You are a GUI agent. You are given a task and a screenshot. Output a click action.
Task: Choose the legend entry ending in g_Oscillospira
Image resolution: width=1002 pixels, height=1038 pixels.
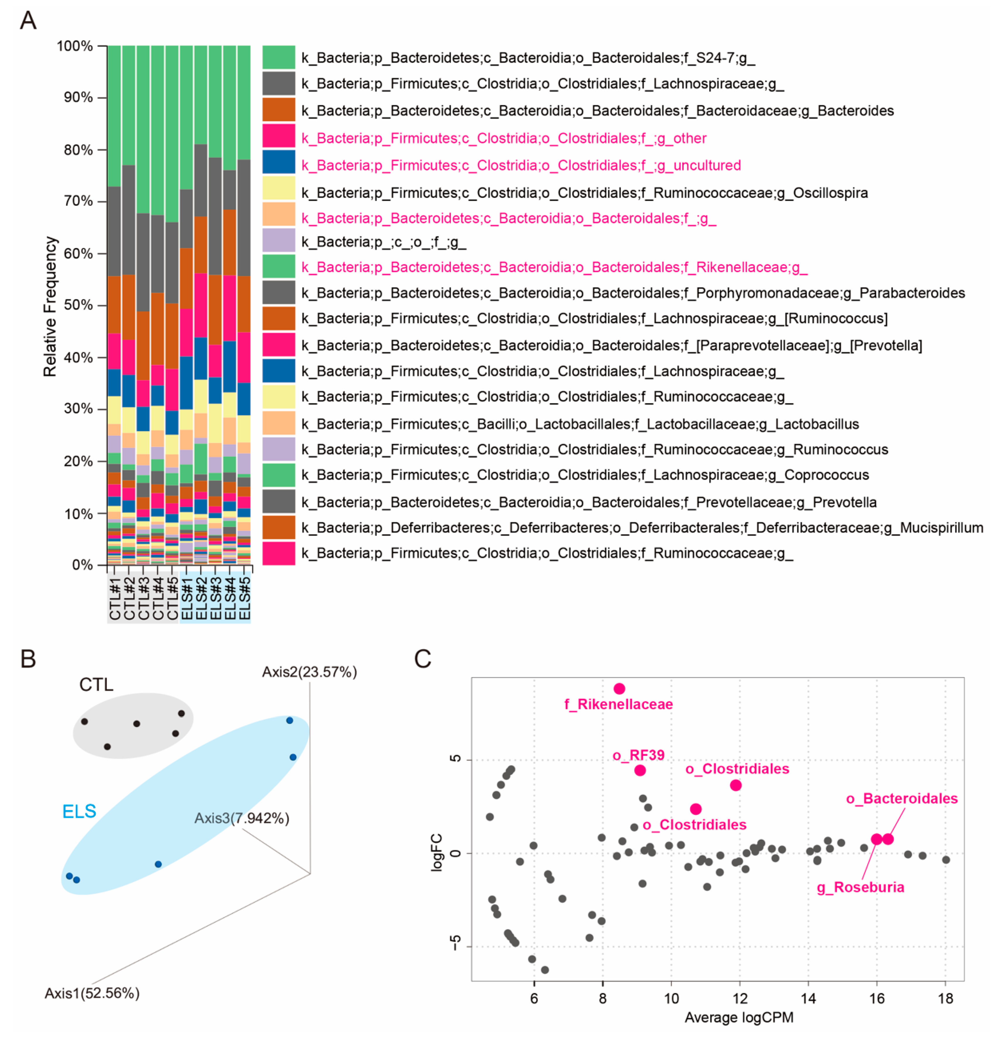point(584,193)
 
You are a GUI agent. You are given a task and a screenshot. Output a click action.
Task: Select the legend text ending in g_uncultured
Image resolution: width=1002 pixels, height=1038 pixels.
point(521,165)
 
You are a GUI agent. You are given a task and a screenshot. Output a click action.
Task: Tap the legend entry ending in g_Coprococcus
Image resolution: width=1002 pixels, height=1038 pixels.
point(585,475)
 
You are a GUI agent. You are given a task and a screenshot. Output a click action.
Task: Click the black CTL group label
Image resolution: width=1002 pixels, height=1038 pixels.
point(96,685)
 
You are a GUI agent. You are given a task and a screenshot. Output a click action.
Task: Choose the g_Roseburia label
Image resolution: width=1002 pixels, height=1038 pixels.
point(860,887)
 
